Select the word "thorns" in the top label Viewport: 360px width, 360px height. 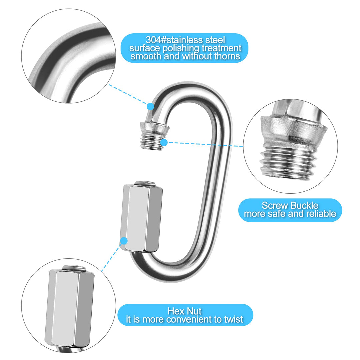point(227,56)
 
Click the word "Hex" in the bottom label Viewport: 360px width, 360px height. point(174,311)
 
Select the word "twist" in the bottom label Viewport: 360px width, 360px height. point(233,320)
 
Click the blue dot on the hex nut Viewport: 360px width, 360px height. point(124,241)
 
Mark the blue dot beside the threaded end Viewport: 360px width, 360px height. point(164,143)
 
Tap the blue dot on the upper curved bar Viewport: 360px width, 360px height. point(150,106)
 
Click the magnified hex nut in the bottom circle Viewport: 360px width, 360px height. point(71,308)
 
